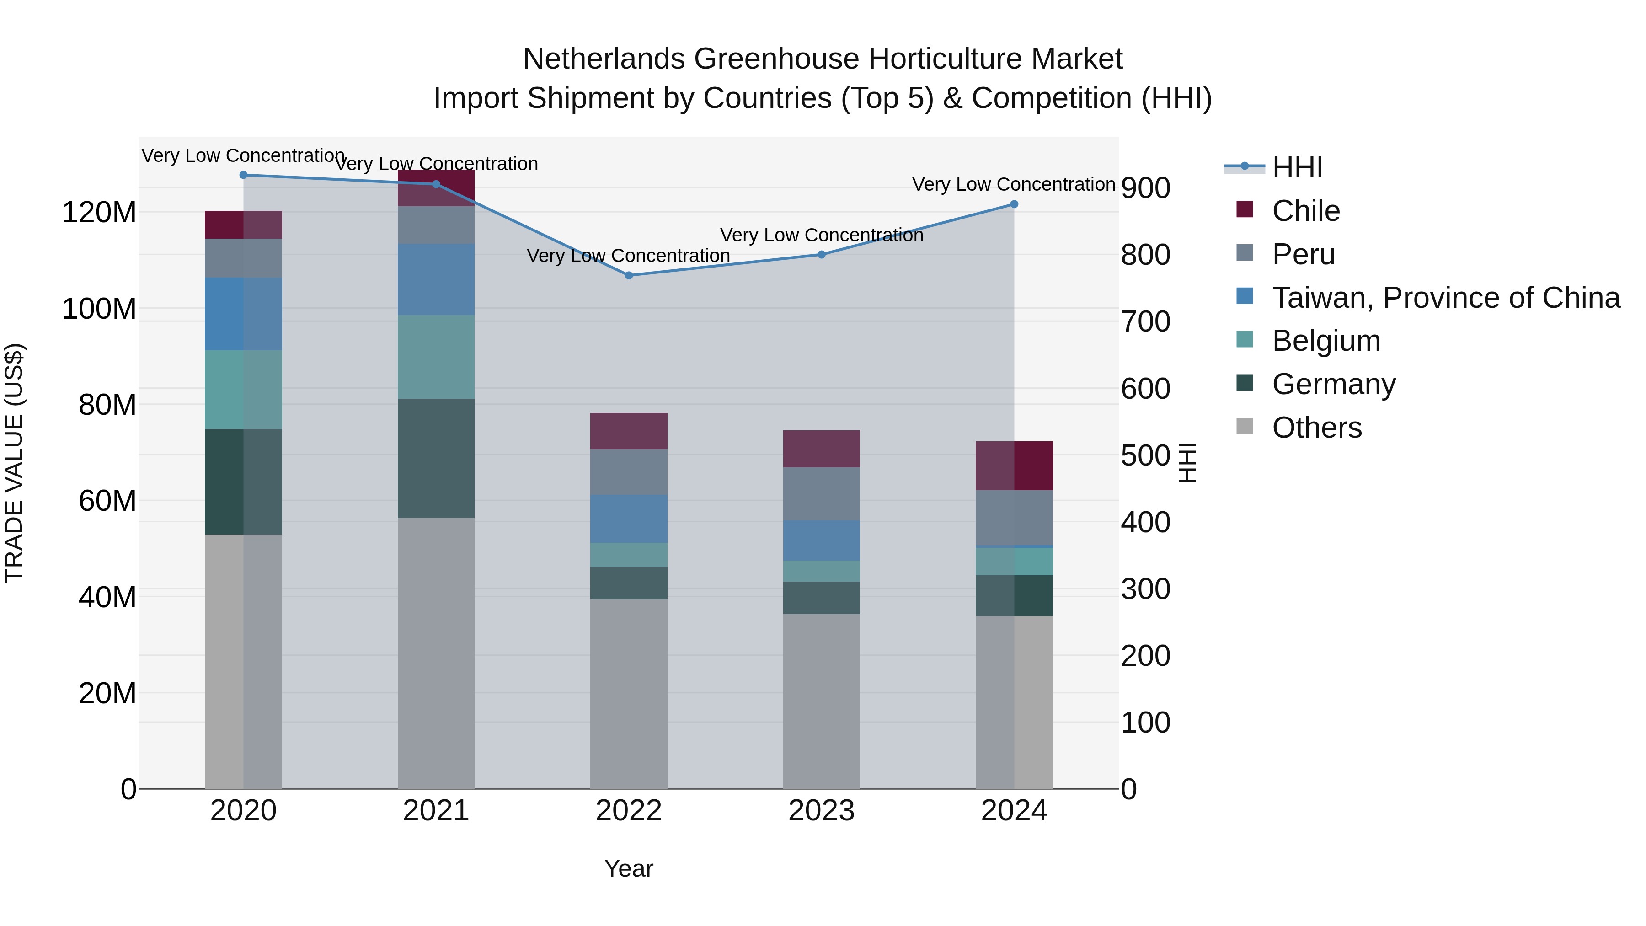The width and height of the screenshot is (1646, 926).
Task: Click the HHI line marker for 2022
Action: click(629, 275)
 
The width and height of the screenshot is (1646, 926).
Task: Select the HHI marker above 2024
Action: click(1014, 204)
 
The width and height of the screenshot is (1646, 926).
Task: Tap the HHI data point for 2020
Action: click(243, 175)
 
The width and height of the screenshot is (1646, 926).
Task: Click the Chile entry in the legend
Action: click(1305, 211)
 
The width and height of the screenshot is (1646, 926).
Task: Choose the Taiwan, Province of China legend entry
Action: click(1445, 298)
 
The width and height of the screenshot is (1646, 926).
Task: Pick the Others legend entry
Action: click(1316, 428)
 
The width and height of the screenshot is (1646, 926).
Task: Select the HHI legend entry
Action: click(1297, 167)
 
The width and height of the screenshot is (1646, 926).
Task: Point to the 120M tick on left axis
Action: click(99, 212)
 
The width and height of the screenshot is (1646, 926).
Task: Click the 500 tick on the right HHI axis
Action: click(1145, 455)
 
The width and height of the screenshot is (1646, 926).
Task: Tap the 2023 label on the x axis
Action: click(821, 811)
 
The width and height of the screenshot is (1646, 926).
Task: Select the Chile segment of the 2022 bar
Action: click(629, 431)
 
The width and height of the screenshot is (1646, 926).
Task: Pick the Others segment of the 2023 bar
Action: click(821, 701)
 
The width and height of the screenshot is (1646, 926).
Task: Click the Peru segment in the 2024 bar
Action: click(1014, 518)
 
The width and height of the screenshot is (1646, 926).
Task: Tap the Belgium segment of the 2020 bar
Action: click(243, 389)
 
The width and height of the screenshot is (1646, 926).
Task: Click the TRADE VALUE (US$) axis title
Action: click(14, 463)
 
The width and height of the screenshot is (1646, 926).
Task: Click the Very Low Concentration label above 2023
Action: click(821, 235)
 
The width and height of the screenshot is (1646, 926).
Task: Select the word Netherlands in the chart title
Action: click(604, 59)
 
